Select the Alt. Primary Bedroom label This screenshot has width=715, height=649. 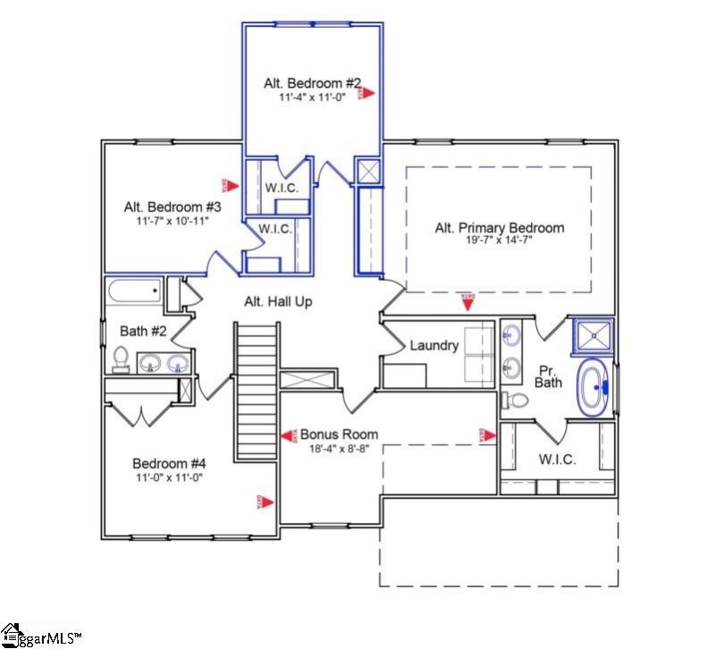(499, 228)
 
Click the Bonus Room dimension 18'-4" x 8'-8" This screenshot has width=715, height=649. (339, 449)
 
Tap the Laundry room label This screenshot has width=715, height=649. (433, 345)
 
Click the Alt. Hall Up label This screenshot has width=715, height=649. (278, 302)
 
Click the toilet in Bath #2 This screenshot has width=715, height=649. (121, 359)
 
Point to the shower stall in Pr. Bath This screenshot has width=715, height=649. (591, 336)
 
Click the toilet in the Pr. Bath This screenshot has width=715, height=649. (517, 399)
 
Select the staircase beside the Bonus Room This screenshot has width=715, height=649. (256, 391)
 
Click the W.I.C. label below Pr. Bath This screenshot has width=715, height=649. (556, 459)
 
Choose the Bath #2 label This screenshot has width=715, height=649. (143, 331)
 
